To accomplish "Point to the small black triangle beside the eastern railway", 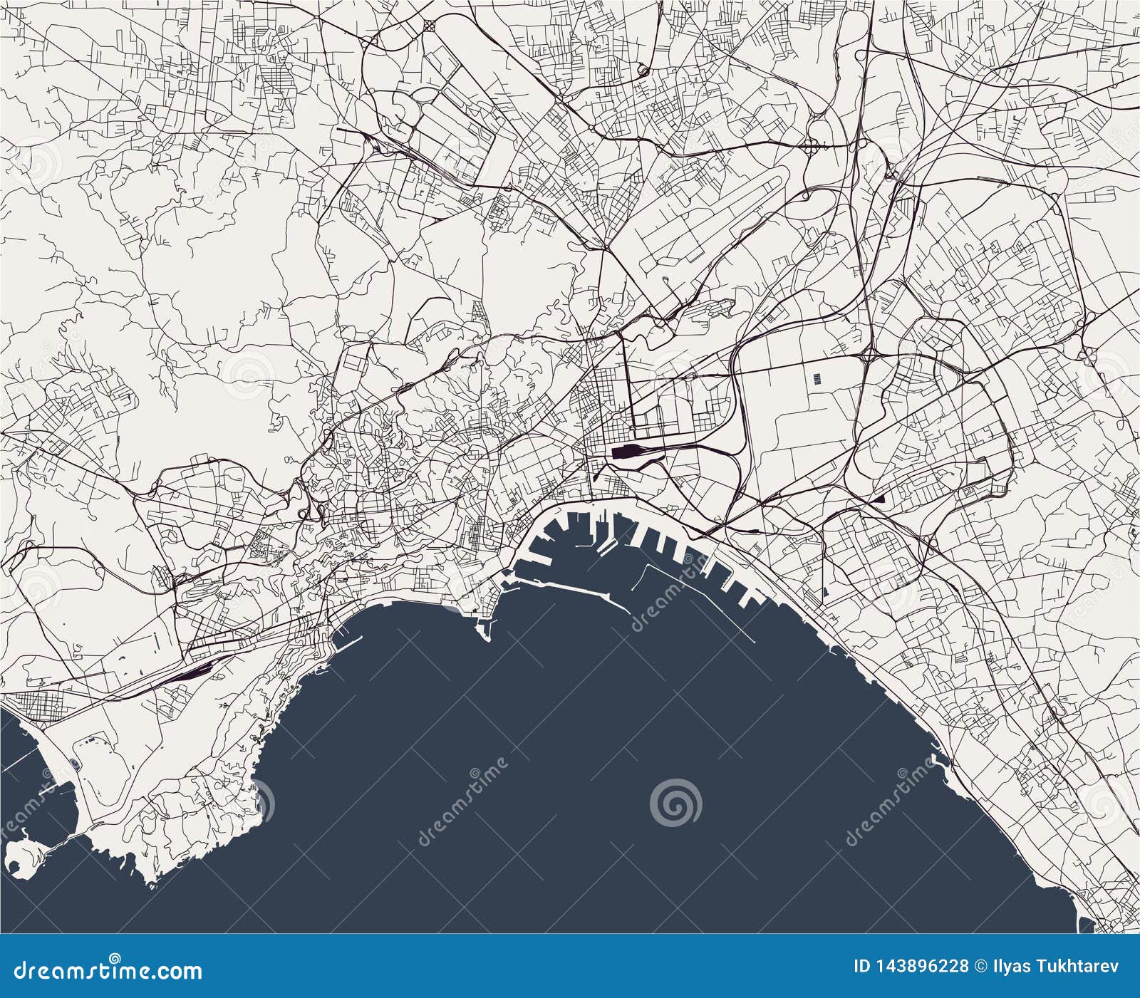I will (881, 499).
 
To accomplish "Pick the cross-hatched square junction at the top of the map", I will (430, 26).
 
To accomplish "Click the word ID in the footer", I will (862, 967).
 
